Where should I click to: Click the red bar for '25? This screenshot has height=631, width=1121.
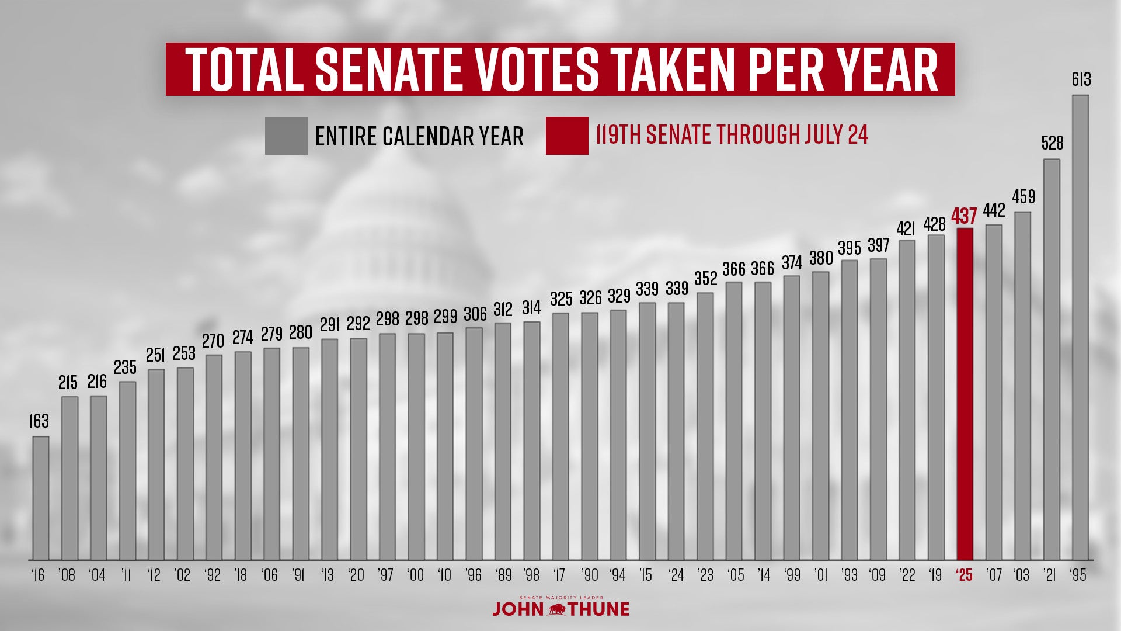pyautogui.click(x=965, y=394)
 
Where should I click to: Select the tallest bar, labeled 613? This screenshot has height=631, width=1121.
pyautogui.click(x=1080, y=327)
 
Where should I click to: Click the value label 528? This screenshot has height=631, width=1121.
pyautogui.click(x=1052, y=143)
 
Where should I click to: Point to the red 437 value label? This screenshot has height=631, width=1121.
pyautogui.click(x=964, y=216)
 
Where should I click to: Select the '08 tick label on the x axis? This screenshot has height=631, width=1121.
pyautogui.click(x=67, y=575)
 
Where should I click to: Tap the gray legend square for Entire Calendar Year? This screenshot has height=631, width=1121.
pyautogui.click(x=286, y=136)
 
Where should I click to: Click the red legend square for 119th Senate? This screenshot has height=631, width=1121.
pyautogui.click(x=567, y=136)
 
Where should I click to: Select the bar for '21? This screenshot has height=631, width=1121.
pyautogui.click(x=1052, y=359)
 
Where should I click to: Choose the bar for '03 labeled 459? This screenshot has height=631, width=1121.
pyautogui.click(x=1022, y=386)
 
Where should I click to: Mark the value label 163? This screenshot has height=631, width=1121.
pyautogui.click(x=39, y=421)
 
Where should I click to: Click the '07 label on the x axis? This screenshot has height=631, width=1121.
pyautogui.click(x=994, y=575)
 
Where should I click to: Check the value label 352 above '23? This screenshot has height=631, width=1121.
pyautogui.click(x=705, y=278)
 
